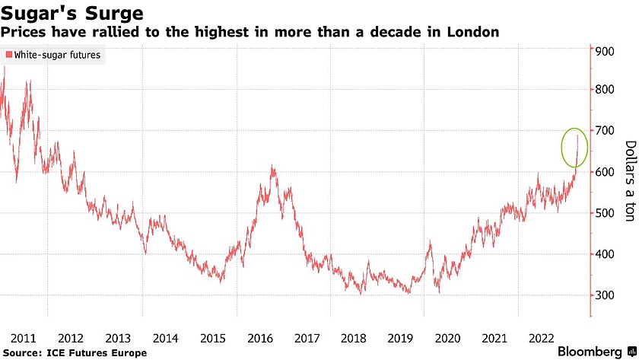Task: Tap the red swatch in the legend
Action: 8,55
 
